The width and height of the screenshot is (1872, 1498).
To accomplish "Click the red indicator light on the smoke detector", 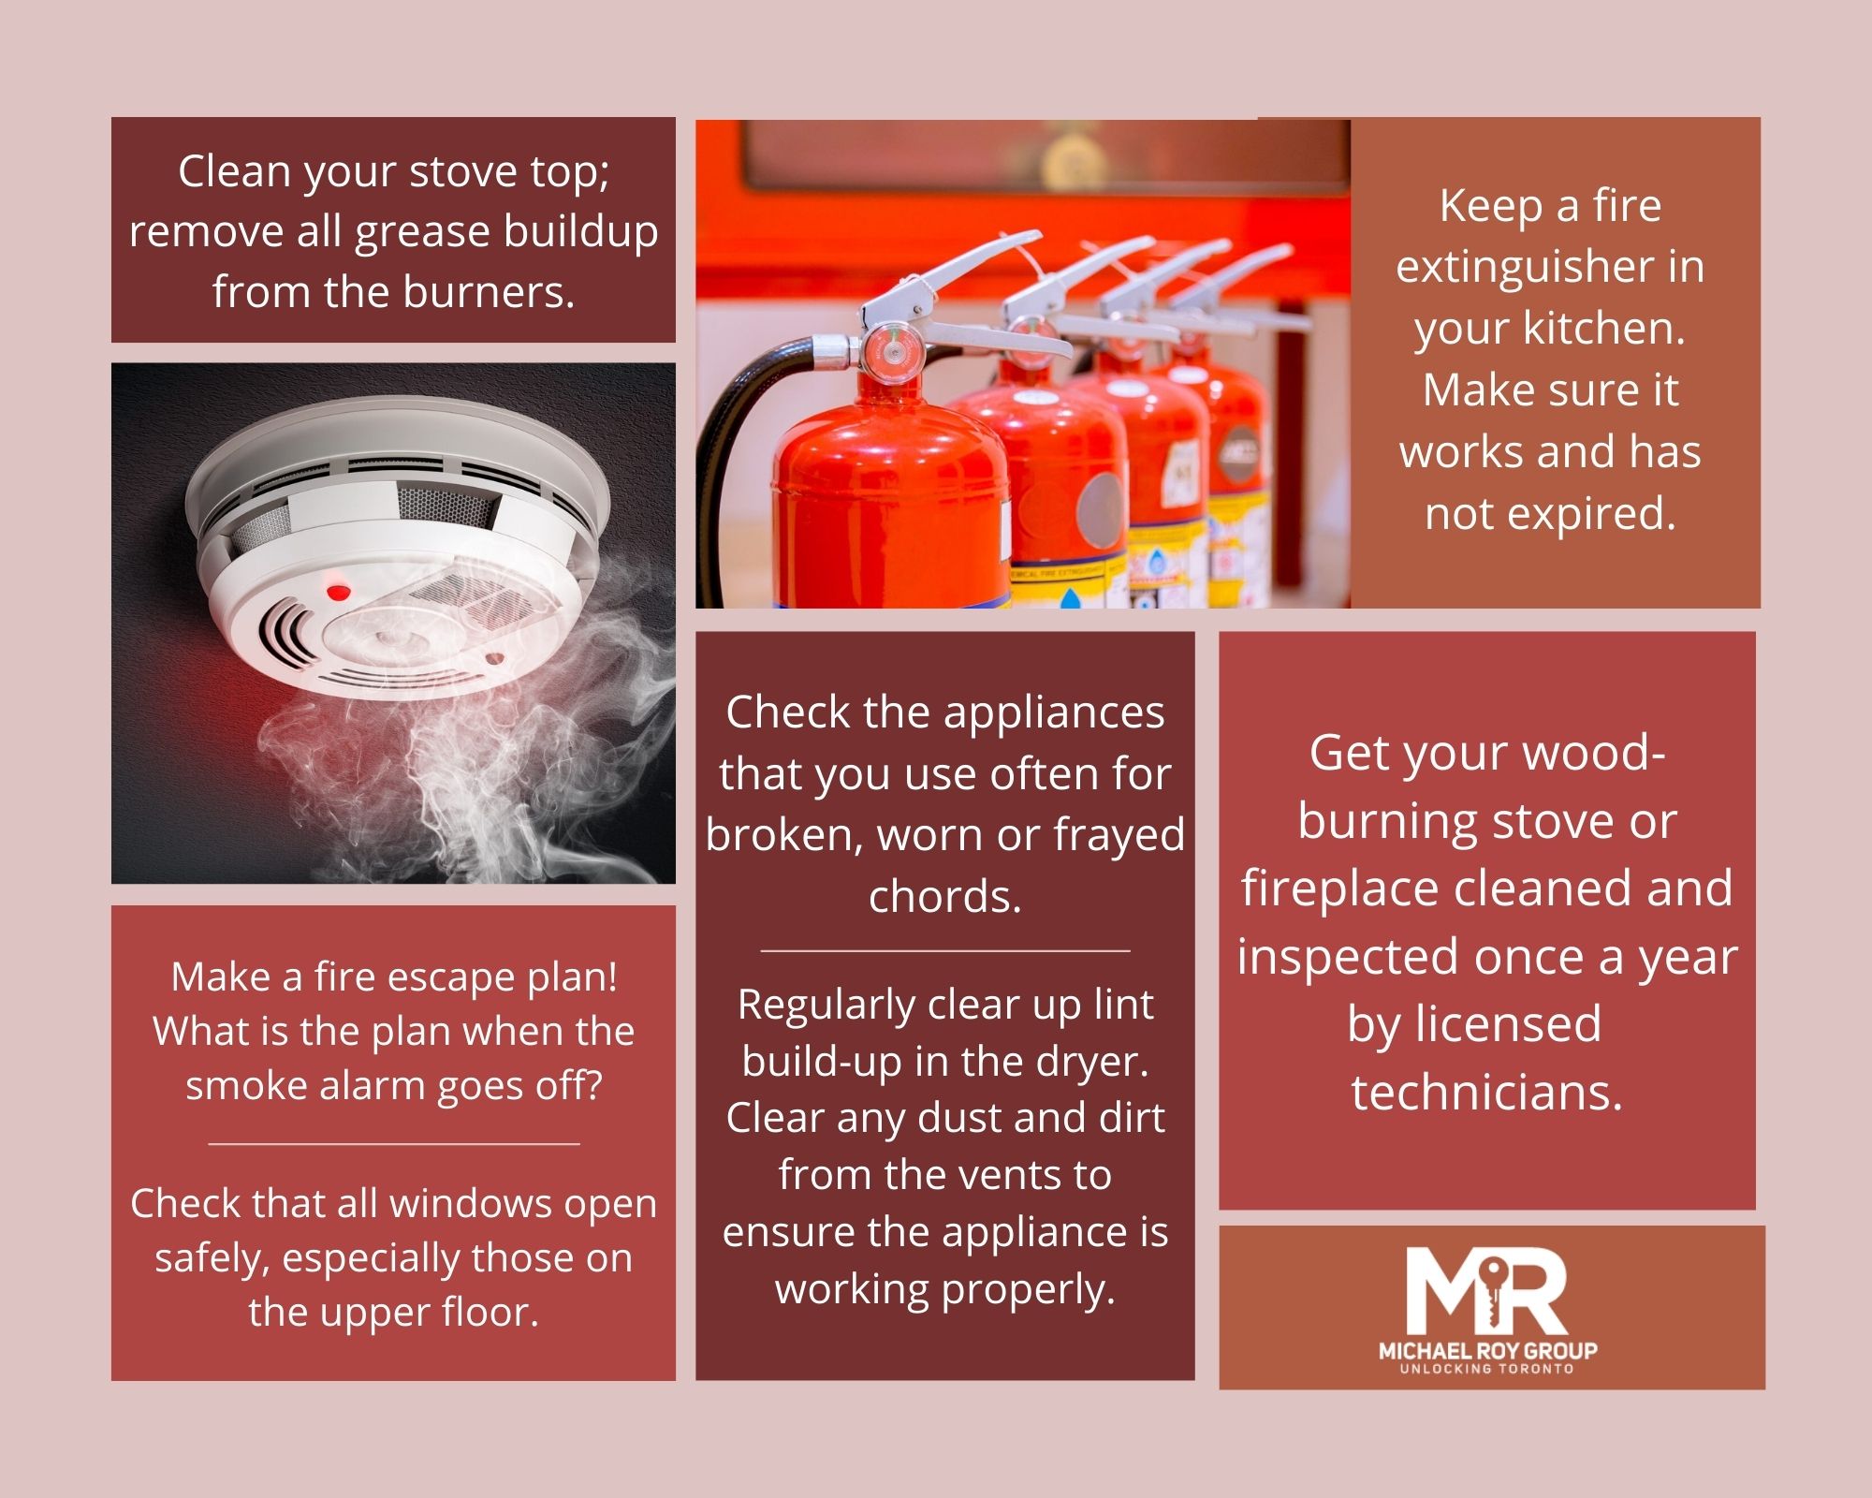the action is pyautogui.click(x=338, y=592).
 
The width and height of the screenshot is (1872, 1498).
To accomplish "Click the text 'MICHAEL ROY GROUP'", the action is pyautogui.click(x=1487, y=1350).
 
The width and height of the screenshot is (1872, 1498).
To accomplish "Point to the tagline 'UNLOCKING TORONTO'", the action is pyautogui.click(x=1486, y=1369).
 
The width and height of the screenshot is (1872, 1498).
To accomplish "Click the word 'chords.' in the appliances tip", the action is pyautogui.click(x=945, y=897).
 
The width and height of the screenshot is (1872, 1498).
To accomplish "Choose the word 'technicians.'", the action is pyautogui.click(x=1487, y=1092).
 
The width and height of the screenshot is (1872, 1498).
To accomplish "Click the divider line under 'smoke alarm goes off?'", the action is pyautogui.click(x=394, y=1143).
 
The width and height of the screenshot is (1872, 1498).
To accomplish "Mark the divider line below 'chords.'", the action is pyautogui.click(x=945, y=950).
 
